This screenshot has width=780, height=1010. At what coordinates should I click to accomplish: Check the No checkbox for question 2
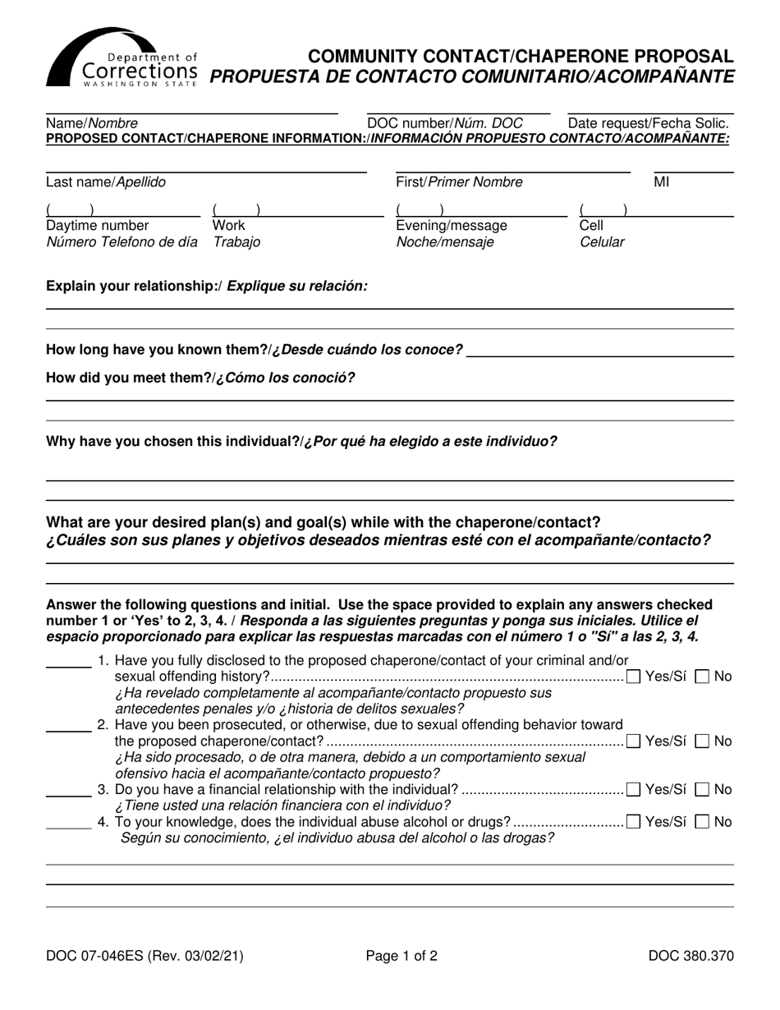[702, 741]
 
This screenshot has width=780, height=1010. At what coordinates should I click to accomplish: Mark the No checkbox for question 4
[702, 822]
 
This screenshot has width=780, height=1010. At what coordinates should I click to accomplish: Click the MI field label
[662, 182]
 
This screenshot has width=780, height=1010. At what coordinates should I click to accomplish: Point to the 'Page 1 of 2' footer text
[401, 956]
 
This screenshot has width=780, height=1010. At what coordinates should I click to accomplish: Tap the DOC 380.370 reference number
[691, 956]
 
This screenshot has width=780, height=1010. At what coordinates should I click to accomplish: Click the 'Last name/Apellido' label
[106, 182]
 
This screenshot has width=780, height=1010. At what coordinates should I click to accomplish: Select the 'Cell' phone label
[591, 225]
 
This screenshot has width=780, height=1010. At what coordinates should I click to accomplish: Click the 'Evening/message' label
[452, 225]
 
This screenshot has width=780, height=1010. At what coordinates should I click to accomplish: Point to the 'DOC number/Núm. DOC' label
[445, 123]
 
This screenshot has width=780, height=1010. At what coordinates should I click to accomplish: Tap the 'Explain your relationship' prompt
[207, 286]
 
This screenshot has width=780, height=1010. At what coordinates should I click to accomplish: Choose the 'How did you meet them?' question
[201, 378]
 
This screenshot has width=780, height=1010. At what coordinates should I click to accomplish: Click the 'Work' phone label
[228, 225]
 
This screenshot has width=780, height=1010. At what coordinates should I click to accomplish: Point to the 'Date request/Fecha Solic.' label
[649, 123]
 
